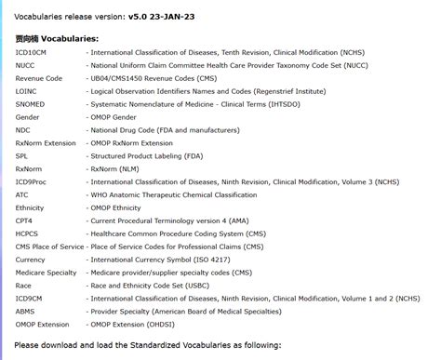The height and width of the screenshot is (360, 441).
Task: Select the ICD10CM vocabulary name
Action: tap(33, 53)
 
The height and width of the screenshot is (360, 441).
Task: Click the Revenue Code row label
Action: tap(39, 79)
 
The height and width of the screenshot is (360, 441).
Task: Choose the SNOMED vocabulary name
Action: tap(32, 105)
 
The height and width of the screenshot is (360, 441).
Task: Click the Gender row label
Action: tap(28, 118)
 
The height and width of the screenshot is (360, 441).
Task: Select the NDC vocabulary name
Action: tap(23, 130)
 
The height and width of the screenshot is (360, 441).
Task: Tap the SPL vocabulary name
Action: tap(22, 156)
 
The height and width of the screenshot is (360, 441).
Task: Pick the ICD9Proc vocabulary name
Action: tap(33, 182)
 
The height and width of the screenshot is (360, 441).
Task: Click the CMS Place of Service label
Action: tap(49, 247)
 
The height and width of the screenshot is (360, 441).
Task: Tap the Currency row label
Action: tap(32, 260)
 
